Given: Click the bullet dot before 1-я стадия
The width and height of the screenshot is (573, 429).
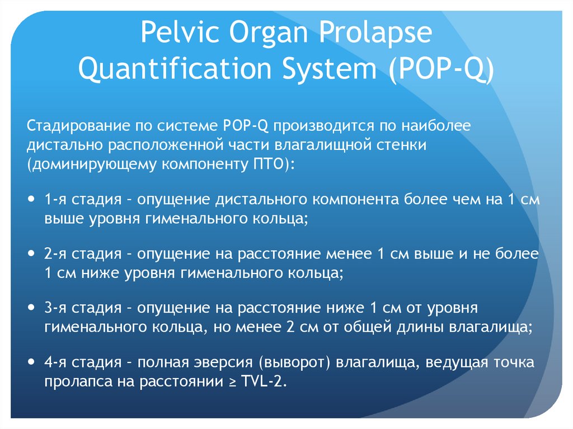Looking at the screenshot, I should click(31, 199).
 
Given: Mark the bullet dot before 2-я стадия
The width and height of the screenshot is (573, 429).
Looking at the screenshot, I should click(31, 253).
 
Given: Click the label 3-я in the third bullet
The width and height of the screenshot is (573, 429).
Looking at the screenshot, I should click(56, 308).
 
